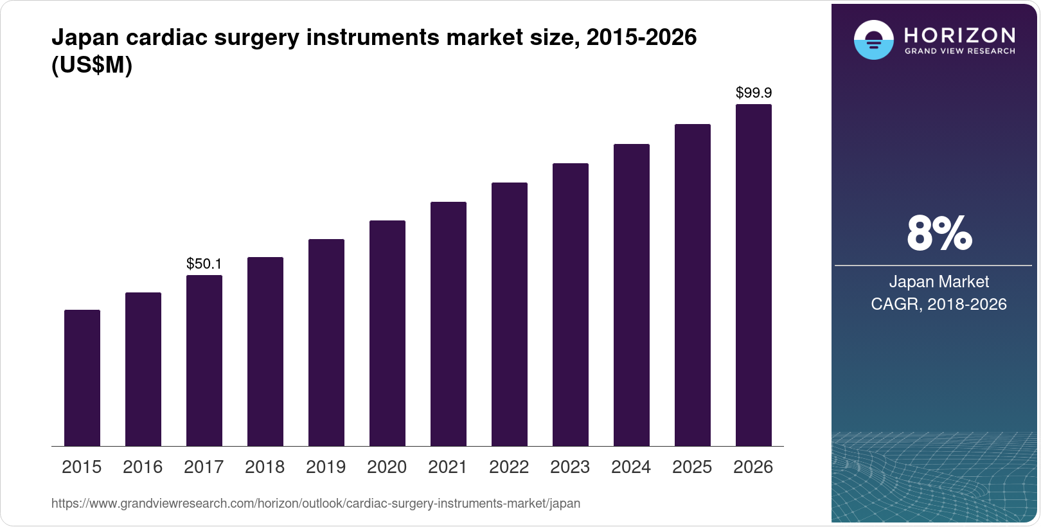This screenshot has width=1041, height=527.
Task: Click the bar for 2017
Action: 204,361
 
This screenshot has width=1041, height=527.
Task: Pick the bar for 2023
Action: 571,305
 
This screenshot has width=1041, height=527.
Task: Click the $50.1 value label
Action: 204,263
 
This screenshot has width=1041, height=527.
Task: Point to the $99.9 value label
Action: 754,93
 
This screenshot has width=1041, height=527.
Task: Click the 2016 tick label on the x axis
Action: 143,467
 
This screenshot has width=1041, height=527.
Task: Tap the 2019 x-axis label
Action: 326,467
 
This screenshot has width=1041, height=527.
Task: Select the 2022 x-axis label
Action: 509,467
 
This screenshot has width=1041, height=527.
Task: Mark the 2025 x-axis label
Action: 692,467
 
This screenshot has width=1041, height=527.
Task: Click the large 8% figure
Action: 939,234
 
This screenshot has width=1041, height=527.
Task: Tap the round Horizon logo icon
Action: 873,40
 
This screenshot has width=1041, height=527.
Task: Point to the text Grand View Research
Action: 959,51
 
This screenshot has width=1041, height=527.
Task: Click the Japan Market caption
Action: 939,281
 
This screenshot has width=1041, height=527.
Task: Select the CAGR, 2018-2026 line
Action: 939,304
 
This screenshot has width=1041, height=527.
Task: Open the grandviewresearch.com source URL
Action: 316,504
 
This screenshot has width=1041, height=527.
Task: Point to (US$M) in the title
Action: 92,66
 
